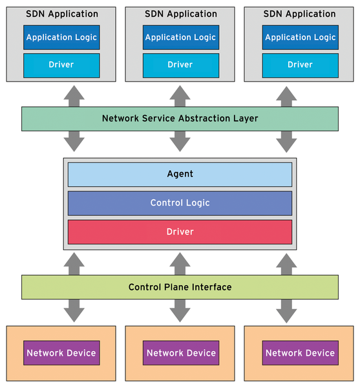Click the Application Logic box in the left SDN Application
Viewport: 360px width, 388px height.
pyautogui.click(x=61, y=37)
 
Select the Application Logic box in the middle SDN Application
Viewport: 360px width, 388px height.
pyautogui.click(x=180, y=37)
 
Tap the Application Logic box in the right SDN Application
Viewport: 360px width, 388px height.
pyautogui.click(x=300, y=37)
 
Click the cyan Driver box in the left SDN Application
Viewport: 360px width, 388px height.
pyautogui.click(x=61, y=65)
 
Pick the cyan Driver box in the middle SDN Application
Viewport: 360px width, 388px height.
pyautogui.click(x=180, y=65)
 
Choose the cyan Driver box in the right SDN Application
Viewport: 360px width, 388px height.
pyautogui.click(x=300, y=65)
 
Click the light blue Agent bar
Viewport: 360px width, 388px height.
pyautogui.click(x=180, y=174)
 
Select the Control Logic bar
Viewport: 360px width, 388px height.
pyautogui.click(x=180, y=202)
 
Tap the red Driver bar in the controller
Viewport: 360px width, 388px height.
pyautogui.click(x=180, y=232)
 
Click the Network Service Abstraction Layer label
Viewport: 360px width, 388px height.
pyautogui.click(x=180, y=118)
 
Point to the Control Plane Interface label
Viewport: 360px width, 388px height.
pyautogui.click(x=180, y=286)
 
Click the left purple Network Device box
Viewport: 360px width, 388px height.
pyautogui.click(x=61, y=353)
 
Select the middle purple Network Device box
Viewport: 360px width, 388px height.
pyautogui.click(x=181, y=353)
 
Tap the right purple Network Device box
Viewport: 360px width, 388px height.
pyautogui.click(x=300, y=353)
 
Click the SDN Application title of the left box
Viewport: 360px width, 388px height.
pyautogui.click(x=61, y=14)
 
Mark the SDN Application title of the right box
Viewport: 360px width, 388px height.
pyautogui.click(x=300, y=14)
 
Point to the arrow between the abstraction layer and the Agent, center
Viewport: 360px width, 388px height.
pyautogui.click(x=180, y=142)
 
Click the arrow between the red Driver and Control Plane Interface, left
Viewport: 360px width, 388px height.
pyautogui.click(x=74, y=263)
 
